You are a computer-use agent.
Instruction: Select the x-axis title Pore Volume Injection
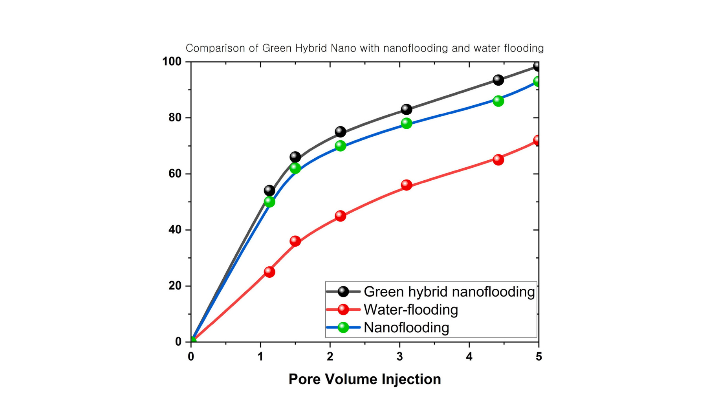point(364,379)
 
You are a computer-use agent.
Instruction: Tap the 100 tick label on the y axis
point(172,62)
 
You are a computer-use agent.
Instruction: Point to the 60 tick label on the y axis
point(175,174)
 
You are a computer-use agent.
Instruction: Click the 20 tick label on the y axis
point(175,286)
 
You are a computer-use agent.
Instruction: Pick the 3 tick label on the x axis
point(399,357)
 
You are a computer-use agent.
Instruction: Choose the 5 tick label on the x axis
point(538,357)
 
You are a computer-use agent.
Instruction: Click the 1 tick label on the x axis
point(260,357)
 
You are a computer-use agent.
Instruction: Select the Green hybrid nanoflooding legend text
point(449,291)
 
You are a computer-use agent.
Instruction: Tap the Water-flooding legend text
point(410,310)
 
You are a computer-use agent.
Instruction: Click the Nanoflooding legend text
point(406,327)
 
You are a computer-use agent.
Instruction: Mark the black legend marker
point(343,291)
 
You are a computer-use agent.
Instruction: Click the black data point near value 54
point(269,191)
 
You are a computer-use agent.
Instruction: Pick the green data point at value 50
point(269,202)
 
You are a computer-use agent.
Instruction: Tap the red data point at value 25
point(269,272)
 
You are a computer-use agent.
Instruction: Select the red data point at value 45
point(341,216)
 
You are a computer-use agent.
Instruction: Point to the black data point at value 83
point(407,109)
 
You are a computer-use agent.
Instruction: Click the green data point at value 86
point(498,101)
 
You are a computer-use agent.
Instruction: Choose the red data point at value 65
point(498,159)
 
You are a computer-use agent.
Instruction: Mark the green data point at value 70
point(341,146)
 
